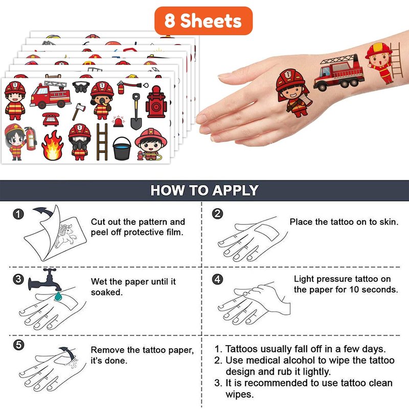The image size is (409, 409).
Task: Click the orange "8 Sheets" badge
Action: [203, 21]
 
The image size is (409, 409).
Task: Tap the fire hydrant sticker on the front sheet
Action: [156, 102]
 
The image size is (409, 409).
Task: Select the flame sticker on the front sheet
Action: [53, 145]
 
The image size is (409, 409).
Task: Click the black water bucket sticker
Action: [122, 148]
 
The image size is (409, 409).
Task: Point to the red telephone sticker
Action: [51, 120]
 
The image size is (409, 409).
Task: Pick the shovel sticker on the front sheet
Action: [136, 111]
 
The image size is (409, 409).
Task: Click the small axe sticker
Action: [79, 111]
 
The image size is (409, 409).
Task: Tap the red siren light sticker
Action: [119, 122]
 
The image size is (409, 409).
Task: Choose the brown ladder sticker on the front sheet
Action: [102, 142]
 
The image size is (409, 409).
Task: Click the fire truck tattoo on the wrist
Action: [338, 73]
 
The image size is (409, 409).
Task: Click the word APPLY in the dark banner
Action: [235, 190]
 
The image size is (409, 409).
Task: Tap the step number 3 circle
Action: [18, 279]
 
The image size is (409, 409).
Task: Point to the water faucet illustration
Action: [45, 280]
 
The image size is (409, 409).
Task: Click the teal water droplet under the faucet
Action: [58, 296]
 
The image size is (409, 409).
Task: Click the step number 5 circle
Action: [18, 345]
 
